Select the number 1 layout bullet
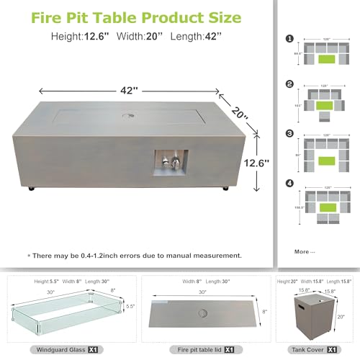pyautogui.click(x=289, y=38)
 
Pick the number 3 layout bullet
pyautogui.click(x=289, y=133)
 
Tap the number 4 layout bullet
pyautogui.click(x=289, y=182)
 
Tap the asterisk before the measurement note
pyautogui.click(x=30, y=256)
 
